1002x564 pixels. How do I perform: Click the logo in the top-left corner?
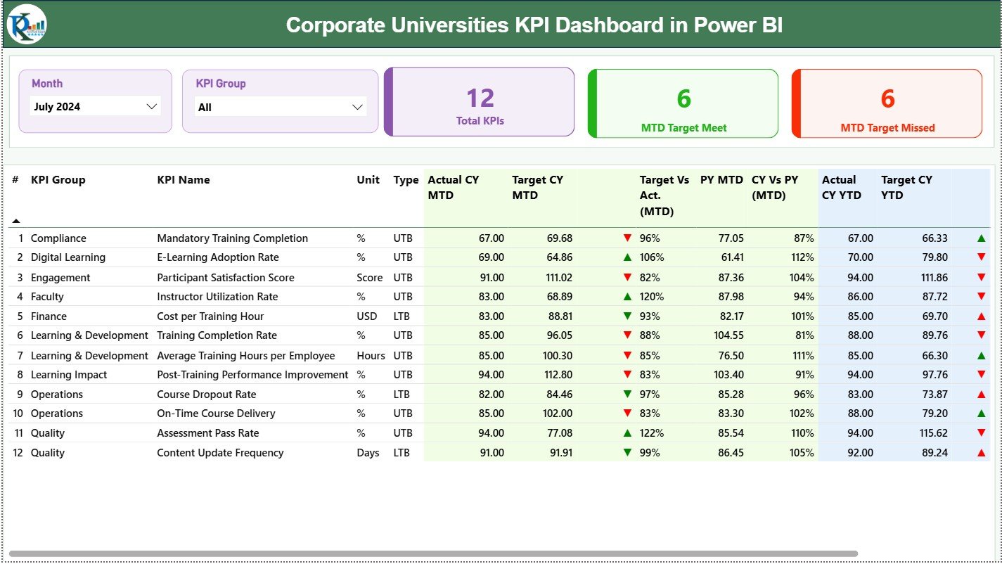coord(27,24)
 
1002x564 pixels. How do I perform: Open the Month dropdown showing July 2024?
coord(96,106)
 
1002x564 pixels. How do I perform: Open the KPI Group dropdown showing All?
coord(279,107)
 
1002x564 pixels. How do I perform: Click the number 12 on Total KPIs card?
coord(480,98)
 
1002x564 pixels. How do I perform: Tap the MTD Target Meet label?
coord(683,128)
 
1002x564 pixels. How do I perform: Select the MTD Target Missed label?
coord(887,128)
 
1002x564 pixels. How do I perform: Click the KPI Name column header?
coord(183,180)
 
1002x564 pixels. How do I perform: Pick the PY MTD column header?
coord(721,180)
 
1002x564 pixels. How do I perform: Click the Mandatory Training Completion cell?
coord(232,238)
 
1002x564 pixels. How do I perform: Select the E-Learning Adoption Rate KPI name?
coord(217,257)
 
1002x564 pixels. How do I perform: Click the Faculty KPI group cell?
coord(47,297)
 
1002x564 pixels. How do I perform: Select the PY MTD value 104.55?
coord(728,335)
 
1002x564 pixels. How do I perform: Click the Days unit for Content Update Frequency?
coord(368,453)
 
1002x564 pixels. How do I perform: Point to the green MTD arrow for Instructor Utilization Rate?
coord(627,297)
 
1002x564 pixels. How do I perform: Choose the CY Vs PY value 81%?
coord(802,335)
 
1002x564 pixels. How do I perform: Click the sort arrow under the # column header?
coord(15,221)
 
